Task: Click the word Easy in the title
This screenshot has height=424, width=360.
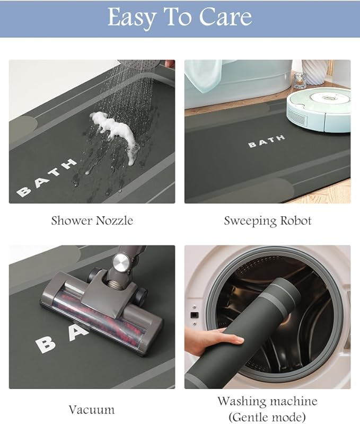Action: [131, 18]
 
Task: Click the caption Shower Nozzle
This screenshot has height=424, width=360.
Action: [92, 220]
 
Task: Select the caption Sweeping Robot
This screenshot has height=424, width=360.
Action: [268, 221]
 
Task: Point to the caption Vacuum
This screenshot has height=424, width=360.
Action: [92, 410]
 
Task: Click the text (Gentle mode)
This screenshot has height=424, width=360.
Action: [267, 417]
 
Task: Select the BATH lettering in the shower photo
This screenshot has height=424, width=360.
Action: [47, 177]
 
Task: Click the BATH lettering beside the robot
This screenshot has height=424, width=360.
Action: [266, 141]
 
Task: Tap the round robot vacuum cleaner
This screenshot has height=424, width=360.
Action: [319, 110]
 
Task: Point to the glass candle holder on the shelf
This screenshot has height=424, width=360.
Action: [300, 81]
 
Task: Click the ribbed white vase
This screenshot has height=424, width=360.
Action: [314, 72]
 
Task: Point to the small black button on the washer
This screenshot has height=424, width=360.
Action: [194, 315]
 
